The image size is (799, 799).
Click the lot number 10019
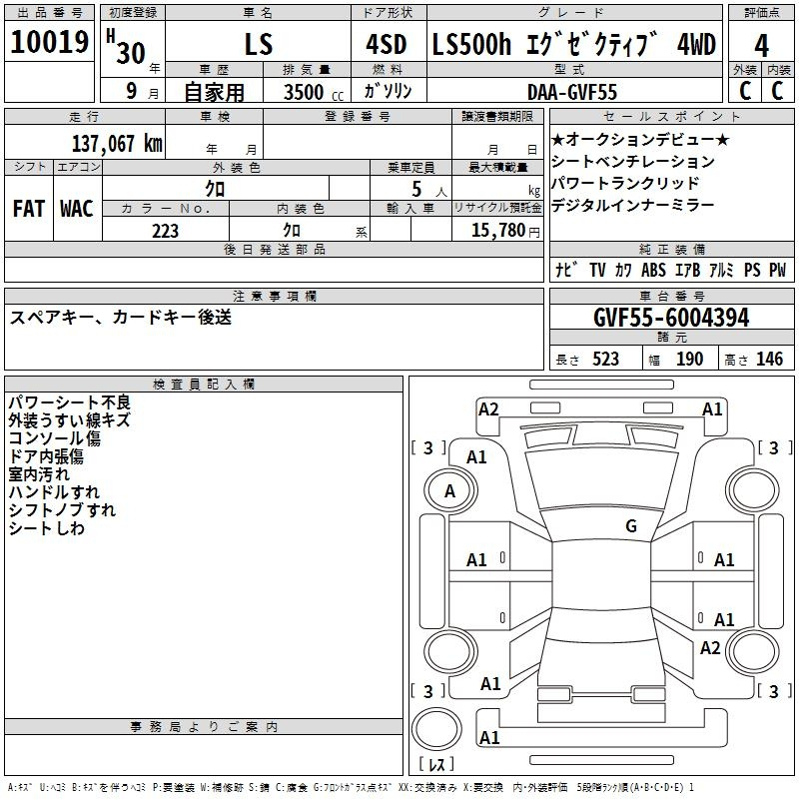[x=49, y=42]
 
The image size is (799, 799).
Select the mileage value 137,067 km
[x=117, y=144]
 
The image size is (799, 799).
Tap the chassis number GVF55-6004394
[x=671, y=318]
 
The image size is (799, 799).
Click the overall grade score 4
[x=761, y=46]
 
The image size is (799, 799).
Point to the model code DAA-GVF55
[x=572, y=92]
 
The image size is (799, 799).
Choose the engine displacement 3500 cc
[x=314, y=92]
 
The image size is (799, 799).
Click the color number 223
[x=165, y=231]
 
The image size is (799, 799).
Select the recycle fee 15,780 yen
[x=505, y=231]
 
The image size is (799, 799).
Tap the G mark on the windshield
[x=631, y=525]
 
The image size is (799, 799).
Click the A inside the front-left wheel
[x=449, y=491]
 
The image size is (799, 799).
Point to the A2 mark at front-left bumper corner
[x=488, y=409]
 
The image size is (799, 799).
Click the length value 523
[x=605, y=359]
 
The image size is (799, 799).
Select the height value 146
[x=769, y=359]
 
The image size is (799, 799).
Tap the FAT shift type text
[x=29, y=209]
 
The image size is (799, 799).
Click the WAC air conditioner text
[x=77, y=209]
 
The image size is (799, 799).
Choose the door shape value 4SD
[x=387, y=44]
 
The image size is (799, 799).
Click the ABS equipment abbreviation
[x=653, y=270]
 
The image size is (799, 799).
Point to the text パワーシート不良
[x=70, y=402]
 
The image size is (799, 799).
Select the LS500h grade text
[x=471, y=44]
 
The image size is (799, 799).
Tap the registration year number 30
[x=131, y=53]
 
